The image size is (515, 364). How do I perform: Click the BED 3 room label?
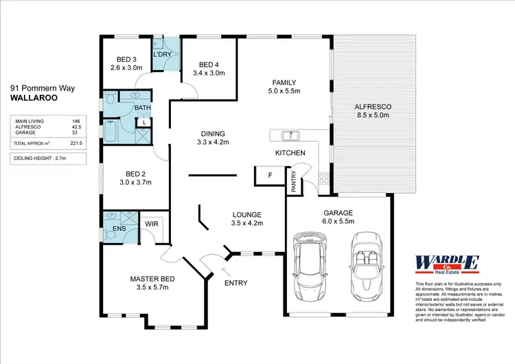[126, 58]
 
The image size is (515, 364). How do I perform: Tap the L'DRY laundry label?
[163, 54]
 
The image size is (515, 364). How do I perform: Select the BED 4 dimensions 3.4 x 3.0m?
[209, 72]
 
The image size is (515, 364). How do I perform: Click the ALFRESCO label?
[372, 107]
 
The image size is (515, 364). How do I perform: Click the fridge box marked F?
[270, 175]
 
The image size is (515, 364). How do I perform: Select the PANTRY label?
[294, 181]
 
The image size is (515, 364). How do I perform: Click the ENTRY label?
[236, 282]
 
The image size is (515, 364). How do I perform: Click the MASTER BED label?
[152, 279]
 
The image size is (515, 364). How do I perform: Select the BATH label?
[142, 108]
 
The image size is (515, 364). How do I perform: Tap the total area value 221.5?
[76, 143]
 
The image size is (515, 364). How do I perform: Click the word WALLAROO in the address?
[34, 98]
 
